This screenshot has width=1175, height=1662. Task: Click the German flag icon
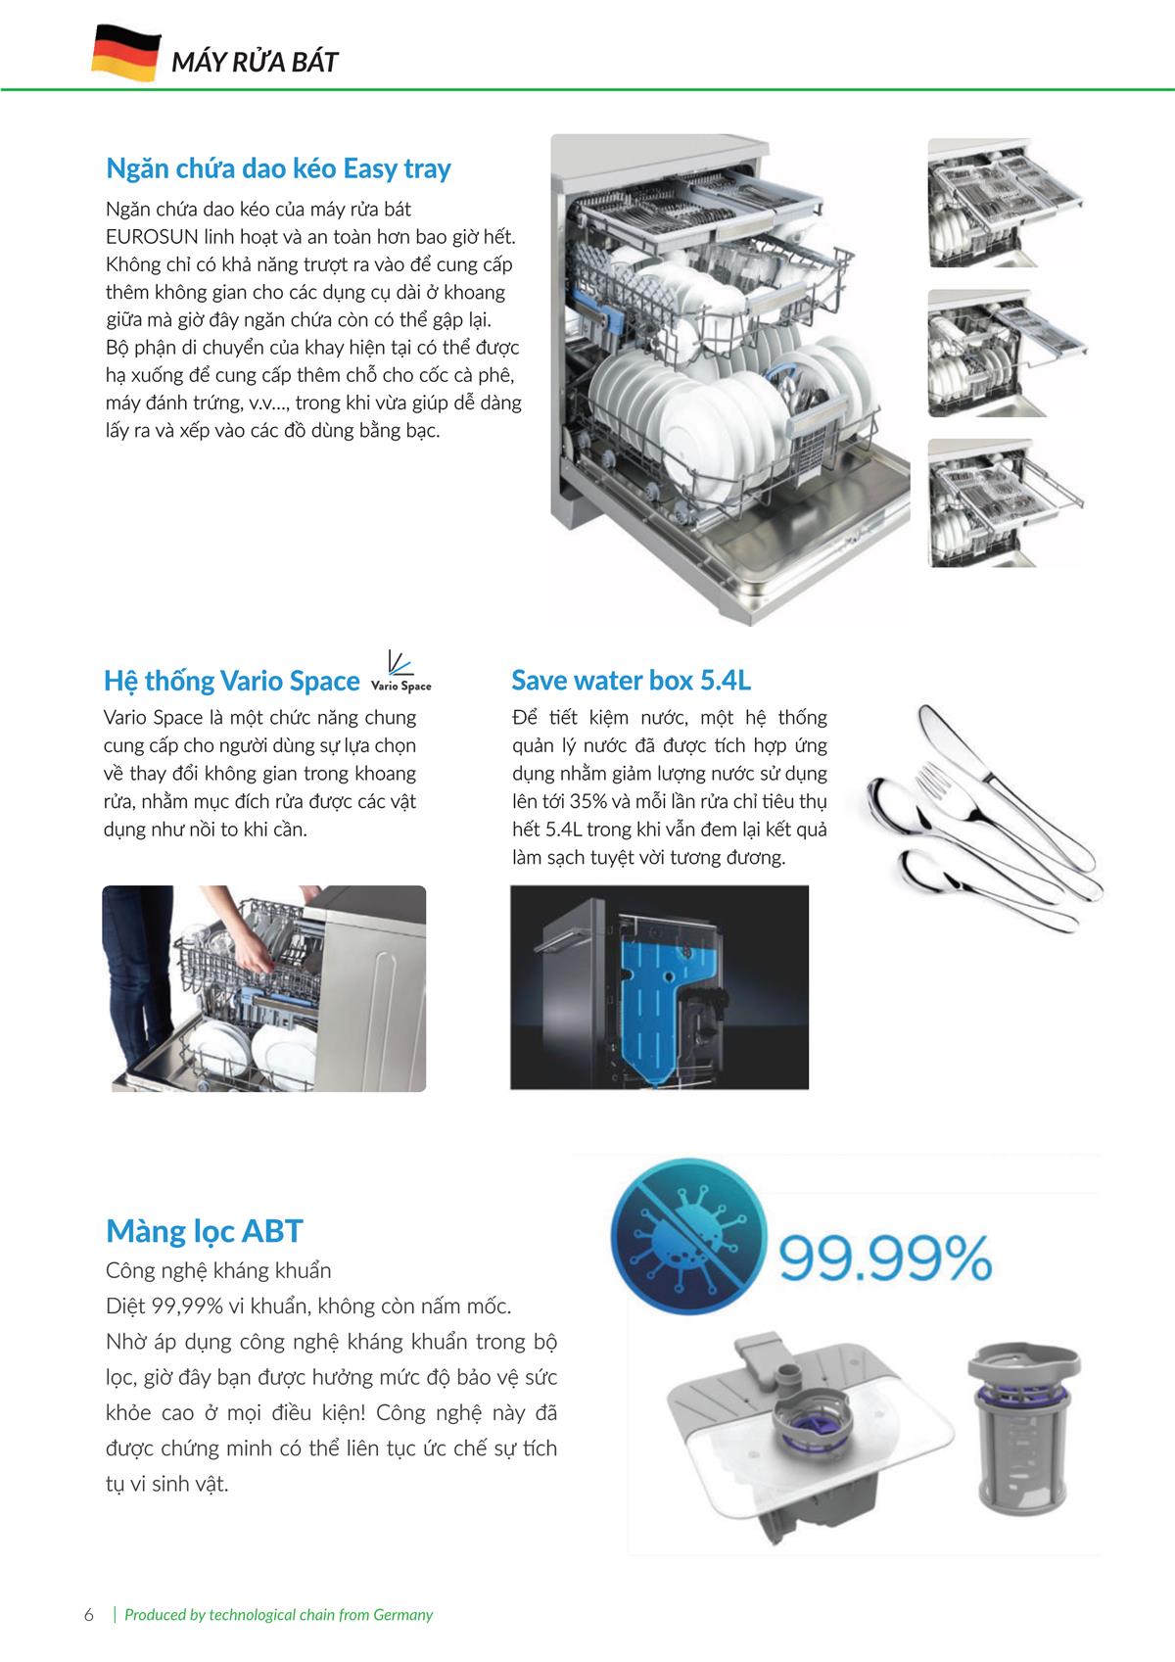[x=125, y=53]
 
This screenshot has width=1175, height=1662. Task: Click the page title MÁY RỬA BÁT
[x=255, y=62]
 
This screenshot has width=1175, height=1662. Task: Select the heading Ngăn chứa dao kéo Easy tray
[x=278, y=168]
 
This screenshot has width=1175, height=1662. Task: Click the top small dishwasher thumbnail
[x=1008, y=203]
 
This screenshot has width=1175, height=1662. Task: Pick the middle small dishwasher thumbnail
[x=1008, y=353]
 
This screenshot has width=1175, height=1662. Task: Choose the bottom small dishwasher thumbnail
[x=1008, y=502]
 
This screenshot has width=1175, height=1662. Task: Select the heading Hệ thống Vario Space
[x=232, y=681]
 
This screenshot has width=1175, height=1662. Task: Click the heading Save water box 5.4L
[x=632, y=680]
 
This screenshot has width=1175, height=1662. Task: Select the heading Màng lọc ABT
[x=205, y=1230]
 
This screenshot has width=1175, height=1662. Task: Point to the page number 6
[x=89, y=1615]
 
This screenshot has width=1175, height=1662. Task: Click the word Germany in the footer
[x=402, y=1615]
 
